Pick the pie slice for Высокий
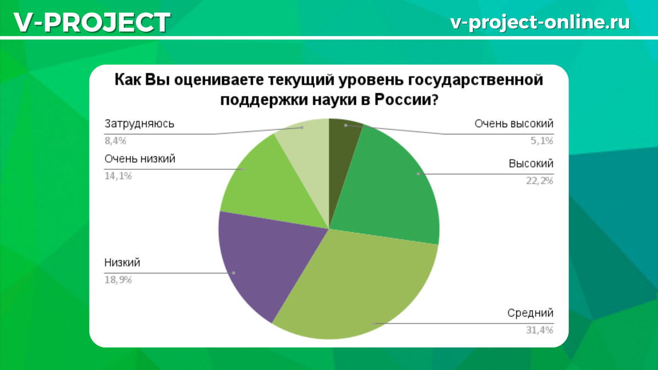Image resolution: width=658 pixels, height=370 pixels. pos(389,186)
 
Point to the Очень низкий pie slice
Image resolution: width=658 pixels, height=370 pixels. pos(269,186)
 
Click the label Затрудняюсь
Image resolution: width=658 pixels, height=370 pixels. pos(139,123)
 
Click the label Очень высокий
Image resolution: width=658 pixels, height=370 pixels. pos(514,123)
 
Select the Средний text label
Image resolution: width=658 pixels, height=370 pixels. pos(530,313)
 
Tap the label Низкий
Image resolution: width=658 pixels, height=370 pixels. pos(122,263)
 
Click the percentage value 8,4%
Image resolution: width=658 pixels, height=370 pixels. pos(115,140)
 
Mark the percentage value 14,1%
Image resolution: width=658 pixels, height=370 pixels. pos(118,176)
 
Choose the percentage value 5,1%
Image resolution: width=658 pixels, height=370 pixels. pos(541,140)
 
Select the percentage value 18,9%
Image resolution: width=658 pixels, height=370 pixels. pos(118,280)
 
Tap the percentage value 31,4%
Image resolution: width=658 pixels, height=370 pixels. pos(539,330)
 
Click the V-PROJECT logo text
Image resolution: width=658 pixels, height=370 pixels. pos(91,22)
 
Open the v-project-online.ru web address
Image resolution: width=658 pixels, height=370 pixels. pos(540,21)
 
